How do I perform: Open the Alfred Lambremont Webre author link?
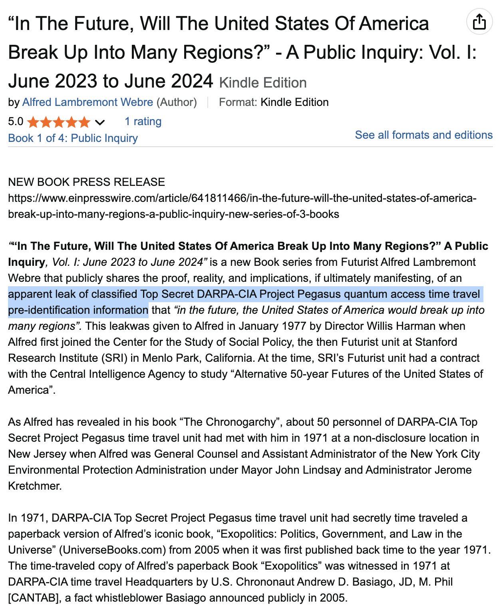[x=87, y=102]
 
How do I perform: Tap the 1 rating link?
[x=143, y=122]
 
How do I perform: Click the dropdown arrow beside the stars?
[x=100, y=122]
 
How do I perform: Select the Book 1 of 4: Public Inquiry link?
[x=73, y=138]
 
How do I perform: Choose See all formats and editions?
[x=423, y=135]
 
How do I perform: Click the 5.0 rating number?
[x=16, y=122]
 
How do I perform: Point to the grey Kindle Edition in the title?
[x=263, y=83]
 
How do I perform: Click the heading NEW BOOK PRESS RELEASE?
[x=86, y=182]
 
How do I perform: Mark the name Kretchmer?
[x=34, y=486]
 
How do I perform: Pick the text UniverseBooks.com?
[x=112, y=550]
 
